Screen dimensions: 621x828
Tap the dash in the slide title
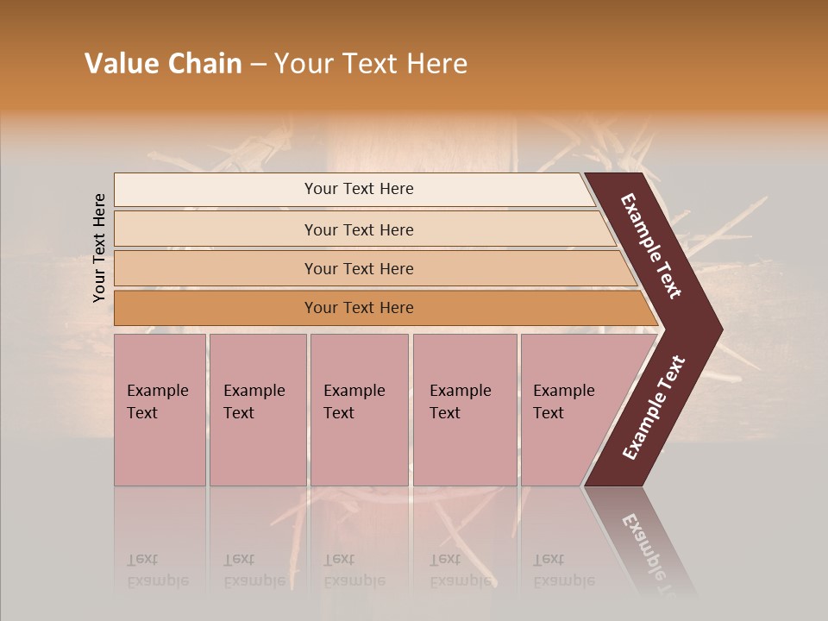click(258, 65)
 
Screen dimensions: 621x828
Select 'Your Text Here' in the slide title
click(371, 64)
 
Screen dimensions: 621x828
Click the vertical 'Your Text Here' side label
click(99, 248)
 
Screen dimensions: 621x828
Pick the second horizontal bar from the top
click(358, 229)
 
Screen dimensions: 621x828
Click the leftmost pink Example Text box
click(160, 410)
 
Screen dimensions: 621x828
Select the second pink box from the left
click(258, 410)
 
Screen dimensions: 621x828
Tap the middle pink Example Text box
click(359, 410)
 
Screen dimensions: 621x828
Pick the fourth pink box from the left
click(465, 410)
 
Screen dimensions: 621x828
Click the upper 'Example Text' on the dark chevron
click(651, 246)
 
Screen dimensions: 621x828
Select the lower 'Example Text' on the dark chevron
click(654, 407)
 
